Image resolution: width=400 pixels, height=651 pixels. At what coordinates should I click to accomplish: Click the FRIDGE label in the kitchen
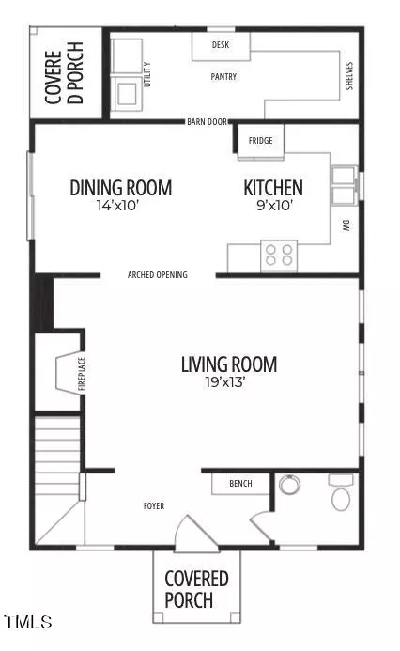261,140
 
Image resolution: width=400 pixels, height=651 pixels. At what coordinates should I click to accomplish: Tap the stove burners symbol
279,256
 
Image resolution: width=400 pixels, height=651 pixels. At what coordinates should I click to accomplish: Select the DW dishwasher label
346,225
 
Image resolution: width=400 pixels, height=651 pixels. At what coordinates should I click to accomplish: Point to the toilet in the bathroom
341,493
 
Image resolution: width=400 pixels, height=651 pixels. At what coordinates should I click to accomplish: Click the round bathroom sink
289,484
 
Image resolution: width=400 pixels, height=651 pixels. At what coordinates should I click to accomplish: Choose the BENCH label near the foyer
240,483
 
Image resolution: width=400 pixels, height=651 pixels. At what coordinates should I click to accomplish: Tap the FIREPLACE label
82,374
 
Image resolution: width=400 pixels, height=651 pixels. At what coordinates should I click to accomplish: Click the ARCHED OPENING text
158,275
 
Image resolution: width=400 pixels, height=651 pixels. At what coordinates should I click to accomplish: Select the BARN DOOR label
208,122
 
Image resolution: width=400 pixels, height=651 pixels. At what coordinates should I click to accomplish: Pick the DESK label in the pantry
221,44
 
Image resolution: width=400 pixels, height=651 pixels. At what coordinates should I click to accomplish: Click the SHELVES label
349,76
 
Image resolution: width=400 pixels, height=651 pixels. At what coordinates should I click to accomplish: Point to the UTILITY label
147,75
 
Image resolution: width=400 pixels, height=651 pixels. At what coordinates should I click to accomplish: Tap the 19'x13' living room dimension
225,382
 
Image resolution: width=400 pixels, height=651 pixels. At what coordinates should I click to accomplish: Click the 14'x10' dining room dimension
117,205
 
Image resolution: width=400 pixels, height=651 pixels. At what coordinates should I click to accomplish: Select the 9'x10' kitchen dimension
275,205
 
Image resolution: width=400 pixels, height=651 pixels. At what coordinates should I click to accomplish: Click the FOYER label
154,505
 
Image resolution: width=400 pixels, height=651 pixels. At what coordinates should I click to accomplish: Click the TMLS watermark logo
28,622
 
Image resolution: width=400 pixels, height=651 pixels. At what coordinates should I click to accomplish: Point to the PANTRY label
223,76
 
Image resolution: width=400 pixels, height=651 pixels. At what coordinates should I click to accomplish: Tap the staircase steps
57,457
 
